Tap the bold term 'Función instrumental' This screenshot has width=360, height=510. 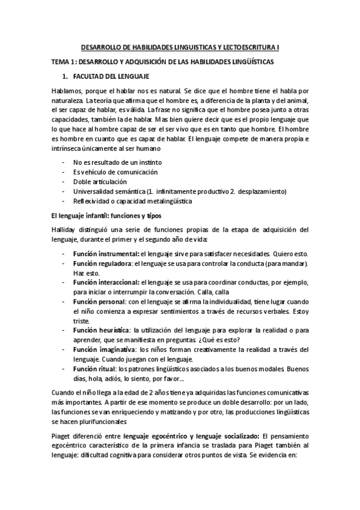coord(106,254)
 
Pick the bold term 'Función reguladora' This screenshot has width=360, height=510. coord(102,263)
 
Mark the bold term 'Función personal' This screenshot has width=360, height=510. coord(99,302)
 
